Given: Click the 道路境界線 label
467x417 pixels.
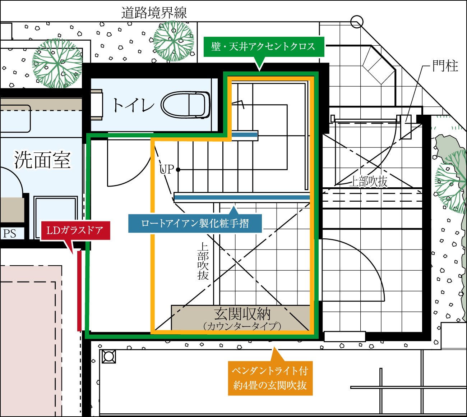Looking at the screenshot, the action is tap(154, 13).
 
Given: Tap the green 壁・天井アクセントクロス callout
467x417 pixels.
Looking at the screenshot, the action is tap(264, 47).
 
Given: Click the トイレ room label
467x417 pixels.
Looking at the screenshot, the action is tap(134, 105).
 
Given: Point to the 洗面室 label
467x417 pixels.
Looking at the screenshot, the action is tap(42, 160).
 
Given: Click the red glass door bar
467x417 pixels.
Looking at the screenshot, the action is tap(79, 291).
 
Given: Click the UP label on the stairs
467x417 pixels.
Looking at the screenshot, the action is tap(166, 170).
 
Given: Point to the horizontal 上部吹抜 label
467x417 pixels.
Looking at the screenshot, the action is tap(368, 181).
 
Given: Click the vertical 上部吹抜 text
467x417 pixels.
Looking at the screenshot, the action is tap(203, 261).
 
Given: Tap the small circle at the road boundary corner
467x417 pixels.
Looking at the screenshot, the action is tap(357, 22).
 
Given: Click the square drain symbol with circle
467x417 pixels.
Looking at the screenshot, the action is tap(108, 357).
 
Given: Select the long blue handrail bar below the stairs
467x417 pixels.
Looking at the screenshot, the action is tap(242, 197).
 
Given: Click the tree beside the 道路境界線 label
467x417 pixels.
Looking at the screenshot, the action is tap(174, 41).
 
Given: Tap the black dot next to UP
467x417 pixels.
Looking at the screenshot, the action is tap(178, 170).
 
